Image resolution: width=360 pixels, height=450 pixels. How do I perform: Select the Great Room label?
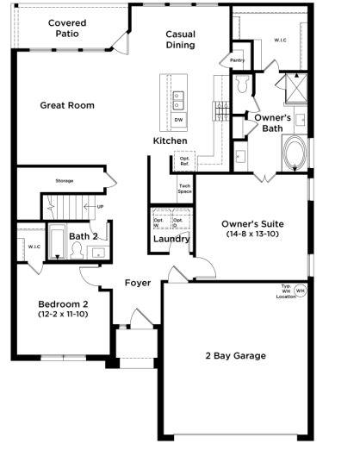[66, 105]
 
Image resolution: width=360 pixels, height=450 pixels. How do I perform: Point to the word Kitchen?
[170, 141]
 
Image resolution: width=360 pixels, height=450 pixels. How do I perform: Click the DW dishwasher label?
[178, 120]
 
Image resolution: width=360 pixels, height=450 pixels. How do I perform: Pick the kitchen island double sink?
[178, 99]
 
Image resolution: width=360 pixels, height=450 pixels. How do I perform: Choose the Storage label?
[65, 181]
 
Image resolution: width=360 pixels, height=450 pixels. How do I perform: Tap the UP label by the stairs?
[100, 207]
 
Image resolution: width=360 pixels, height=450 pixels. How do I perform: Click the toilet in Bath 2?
[78, 251]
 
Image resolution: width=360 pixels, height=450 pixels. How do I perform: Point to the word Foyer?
[138, 282]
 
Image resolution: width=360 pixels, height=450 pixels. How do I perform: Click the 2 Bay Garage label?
[235, 355]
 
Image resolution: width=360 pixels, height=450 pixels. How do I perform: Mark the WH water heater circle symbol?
[300, 291]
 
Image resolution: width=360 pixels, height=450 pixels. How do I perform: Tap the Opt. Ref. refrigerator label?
[184, 160]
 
